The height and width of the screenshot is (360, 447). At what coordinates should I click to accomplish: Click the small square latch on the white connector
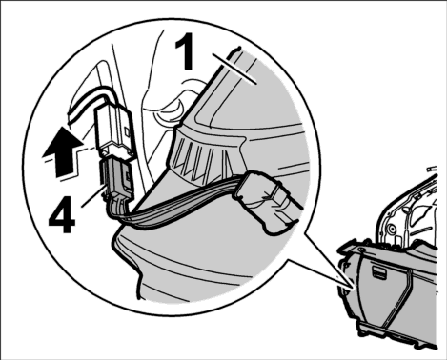[127, 131]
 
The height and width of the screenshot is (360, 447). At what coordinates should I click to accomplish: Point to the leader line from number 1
[234, 69]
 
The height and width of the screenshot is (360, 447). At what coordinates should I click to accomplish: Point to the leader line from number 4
[93, 196]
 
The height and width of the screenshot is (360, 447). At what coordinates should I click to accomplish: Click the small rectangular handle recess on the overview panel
[377, 270]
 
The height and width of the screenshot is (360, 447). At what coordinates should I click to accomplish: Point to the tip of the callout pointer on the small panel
[354, 289]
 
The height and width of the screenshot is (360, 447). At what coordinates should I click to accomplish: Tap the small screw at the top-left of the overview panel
[360, 250]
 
